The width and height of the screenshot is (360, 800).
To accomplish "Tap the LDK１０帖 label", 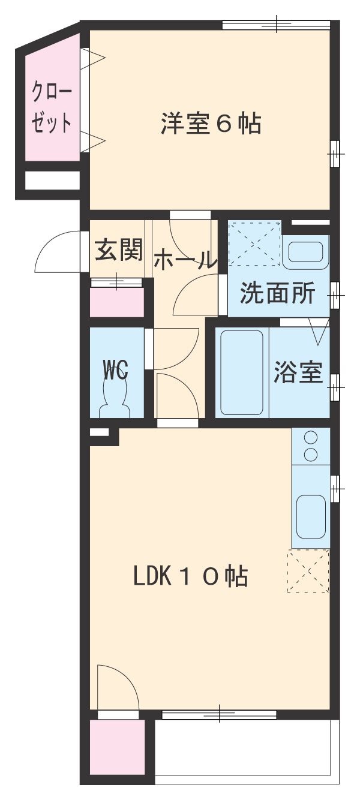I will [190, 577].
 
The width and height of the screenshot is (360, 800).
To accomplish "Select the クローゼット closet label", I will [52, 108].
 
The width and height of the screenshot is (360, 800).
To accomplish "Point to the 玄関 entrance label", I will [119, 250].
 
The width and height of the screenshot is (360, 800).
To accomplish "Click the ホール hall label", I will [184, 260].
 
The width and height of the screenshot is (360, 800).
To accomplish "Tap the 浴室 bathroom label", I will [298, 373].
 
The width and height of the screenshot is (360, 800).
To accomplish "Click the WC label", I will [115, 370].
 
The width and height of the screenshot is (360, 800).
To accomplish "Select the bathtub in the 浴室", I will [242, 372].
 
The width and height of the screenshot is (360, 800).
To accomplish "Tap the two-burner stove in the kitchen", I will [310, 447].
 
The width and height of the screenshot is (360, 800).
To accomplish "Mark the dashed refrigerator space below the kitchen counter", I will [308, 571].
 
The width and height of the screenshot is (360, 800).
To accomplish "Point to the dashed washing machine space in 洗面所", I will [255, 242].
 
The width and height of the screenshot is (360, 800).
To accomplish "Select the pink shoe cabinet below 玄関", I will [117, 302].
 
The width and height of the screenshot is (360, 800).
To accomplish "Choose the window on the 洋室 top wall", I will [276, 25].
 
